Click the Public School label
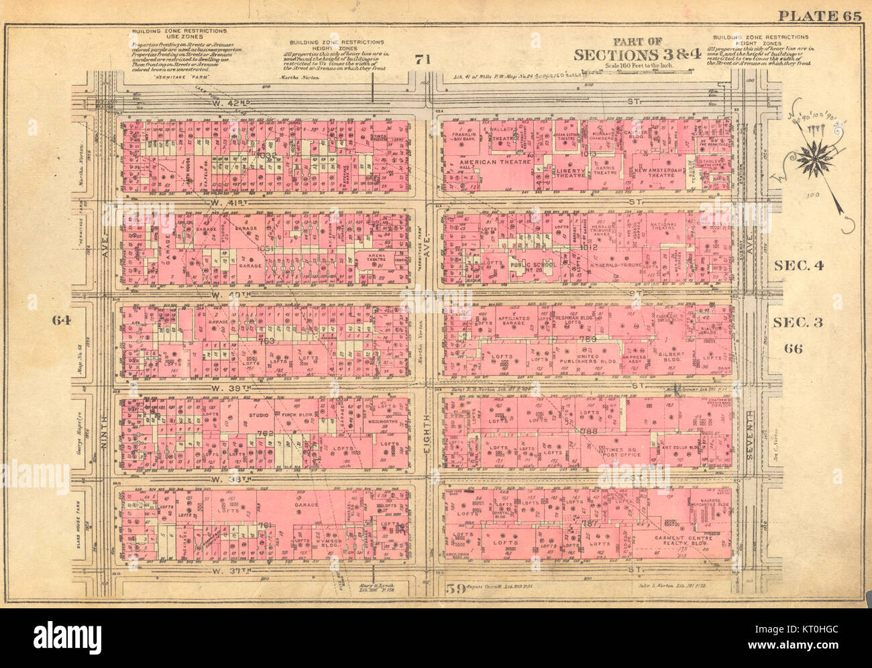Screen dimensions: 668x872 tap(535, 264)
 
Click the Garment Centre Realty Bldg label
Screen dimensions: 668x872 tap(674, 541)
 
